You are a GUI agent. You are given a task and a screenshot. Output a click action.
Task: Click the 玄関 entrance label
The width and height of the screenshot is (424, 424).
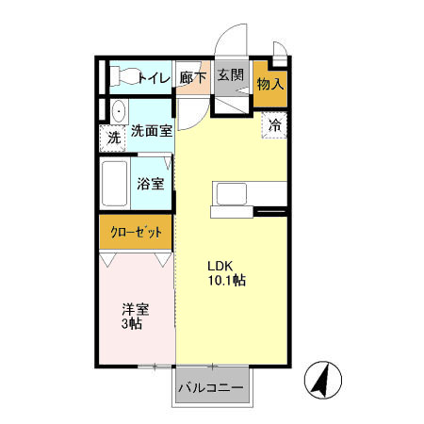tap(230, 75)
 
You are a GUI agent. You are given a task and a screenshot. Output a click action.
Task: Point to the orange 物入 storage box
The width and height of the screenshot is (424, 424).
tap(270, 85)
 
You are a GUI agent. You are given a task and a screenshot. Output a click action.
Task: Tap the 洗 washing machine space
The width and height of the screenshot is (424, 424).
tap(113, 138)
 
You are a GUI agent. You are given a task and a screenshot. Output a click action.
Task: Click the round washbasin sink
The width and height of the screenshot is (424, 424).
tap(116, 111)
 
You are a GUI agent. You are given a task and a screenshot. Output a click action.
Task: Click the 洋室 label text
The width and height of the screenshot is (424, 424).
tap(136, 308)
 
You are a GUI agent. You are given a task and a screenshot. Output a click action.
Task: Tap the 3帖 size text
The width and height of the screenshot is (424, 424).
tap(132, 324)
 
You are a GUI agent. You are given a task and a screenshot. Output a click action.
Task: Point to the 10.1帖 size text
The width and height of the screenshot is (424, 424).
tap(227, 280)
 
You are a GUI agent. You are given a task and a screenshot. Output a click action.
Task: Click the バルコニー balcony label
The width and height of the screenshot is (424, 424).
tap(212, 388)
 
